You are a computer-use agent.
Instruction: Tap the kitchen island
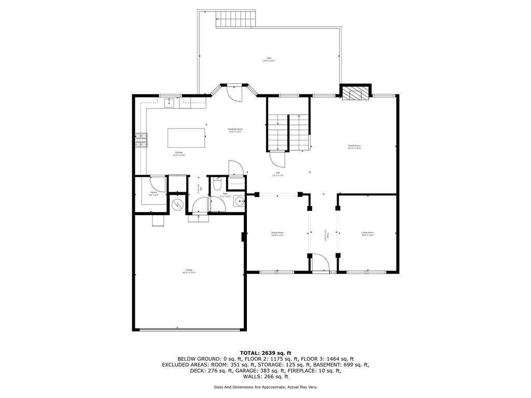(x=186, y=138)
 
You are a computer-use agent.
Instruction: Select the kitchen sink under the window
(x=169, y=103)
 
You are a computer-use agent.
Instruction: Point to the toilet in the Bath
(x=218, y=184)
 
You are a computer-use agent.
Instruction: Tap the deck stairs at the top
(x=236, y=19)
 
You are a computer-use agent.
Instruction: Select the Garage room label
(x=189, y=271)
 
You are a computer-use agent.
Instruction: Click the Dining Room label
(x=277, y=234)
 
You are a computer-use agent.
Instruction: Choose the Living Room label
(x=368, y=234)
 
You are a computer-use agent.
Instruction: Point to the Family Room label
(x=354, y=147)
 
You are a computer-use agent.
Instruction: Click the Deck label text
(x=269, y=59)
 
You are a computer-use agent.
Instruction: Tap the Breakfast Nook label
(x=235, y=130)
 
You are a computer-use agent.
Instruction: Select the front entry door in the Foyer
(x=320, y=263)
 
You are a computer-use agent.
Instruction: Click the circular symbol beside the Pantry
(x=178, y=205)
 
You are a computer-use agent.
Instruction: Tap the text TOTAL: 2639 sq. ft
(x=265, y=352)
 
